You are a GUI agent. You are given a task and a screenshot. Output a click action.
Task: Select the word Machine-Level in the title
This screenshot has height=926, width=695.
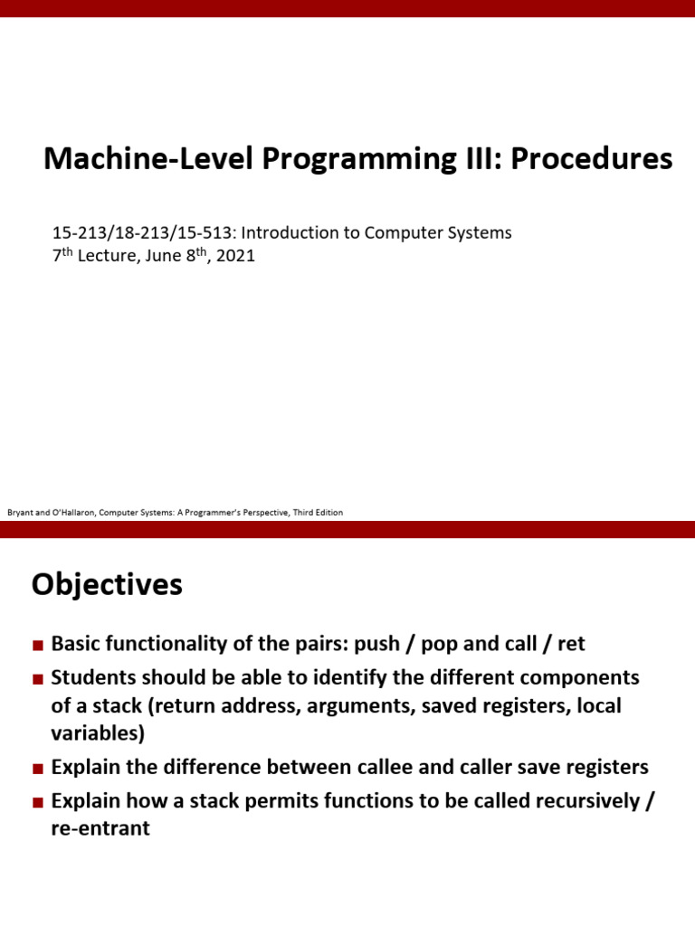[x=148, y=159]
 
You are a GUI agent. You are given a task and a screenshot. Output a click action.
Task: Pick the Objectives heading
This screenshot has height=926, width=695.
[x=107, y=585]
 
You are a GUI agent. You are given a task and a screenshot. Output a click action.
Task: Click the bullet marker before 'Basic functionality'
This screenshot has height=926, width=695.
[x=37, y=646]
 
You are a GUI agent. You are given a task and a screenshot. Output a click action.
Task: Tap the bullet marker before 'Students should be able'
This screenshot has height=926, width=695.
[x=37, y=679]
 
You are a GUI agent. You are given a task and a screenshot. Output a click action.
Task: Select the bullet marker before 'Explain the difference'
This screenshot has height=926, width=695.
[x=37, y=769]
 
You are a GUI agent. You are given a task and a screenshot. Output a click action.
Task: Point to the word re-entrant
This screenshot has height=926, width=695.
[x=100, y=827]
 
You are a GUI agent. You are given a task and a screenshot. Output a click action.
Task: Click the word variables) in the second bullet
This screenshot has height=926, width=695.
[x=99, y=732]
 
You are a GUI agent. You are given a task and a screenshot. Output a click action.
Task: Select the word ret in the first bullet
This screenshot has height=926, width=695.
[x=571, y=644]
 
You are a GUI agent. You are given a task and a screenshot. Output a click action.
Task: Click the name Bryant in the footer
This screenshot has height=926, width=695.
[x=20, y=513]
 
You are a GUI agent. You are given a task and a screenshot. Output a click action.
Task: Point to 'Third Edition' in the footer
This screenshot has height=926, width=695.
[x=319, y=513]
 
